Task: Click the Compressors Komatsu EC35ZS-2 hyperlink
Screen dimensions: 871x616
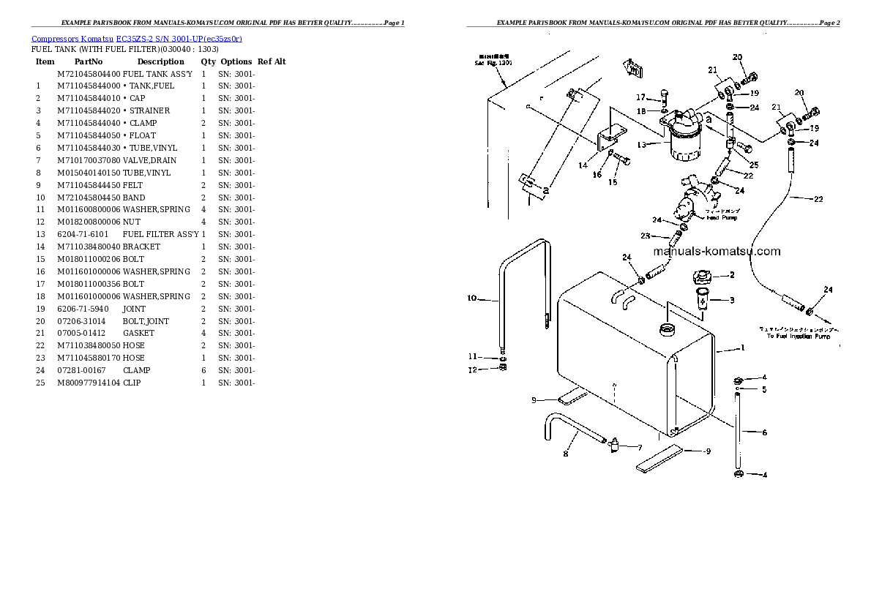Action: tap(137, 38)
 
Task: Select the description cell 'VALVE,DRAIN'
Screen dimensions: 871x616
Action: tap(149, 160)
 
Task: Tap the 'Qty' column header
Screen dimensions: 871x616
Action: tap(209, 62)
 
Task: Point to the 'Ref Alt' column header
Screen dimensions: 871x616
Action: tap(272, 62)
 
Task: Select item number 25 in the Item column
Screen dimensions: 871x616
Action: tap(41, 383)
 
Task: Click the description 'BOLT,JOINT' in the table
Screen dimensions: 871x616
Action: tap(146, 321)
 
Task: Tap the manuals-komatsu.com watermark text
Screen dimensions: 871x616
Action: tap(716, 252)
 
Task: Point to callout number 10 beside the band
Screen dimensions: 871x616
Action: tap(472, 298)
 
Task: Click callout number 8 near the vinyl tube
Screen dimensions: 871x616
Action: tap(564, 454)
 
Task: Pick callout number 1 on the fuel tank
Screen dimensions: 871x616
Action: tap(742, 348)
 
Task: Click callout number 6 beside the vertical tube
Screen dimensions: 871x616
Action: tap(764, 432)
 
